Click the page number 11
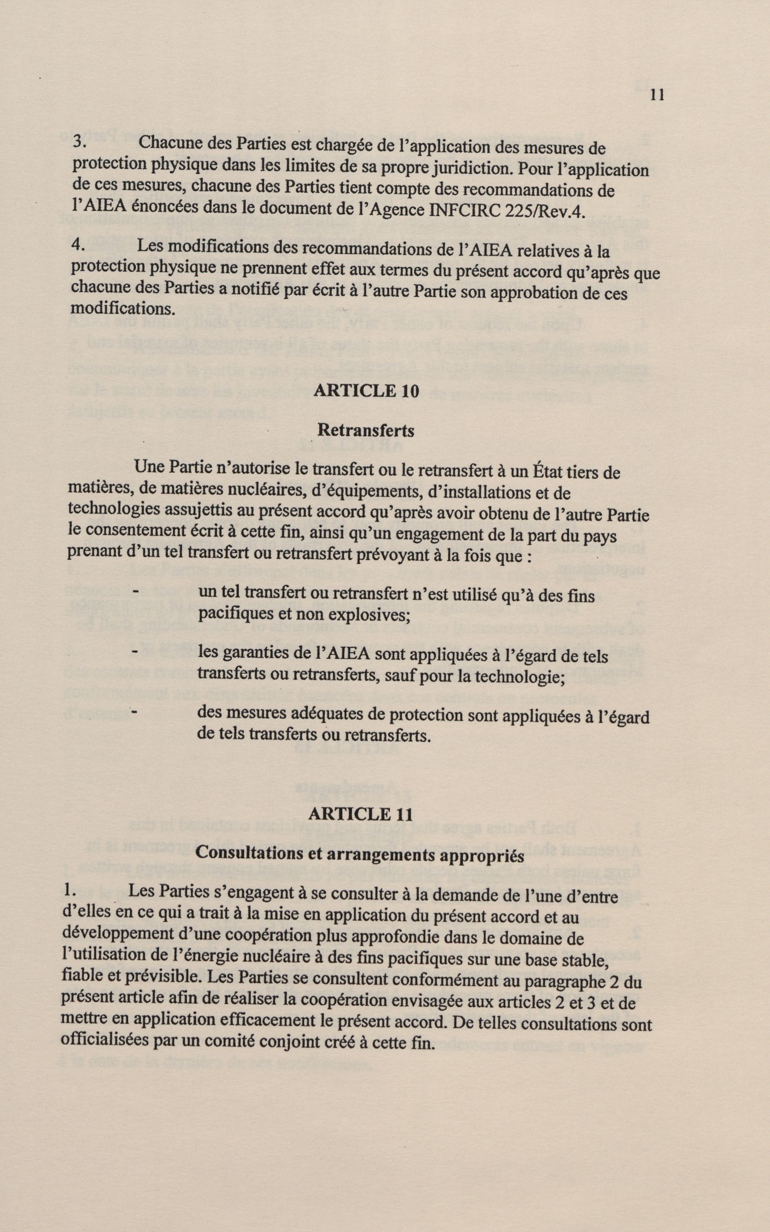[x=657, y=95]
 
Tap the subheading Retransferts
[x=366, y=431]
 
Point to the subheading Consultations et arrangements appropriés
[x=360, y=855]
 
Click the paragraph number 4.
[x=77, y=244]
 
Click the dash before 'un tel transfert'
[x=135, y=591]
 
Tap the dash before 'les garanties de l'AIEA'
[x=135, y=652]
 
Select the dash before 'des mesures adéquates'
[x=135, y=712]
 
